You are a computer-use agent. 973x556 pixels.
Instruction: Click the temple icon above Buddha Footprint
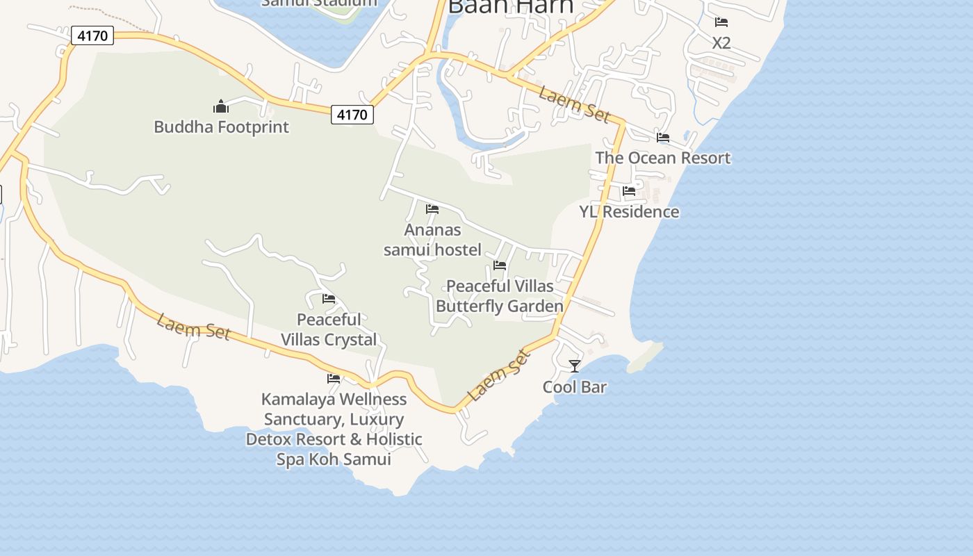point(221,106)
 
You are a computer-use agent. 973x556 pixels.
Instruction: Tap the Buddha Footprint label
point(221,127)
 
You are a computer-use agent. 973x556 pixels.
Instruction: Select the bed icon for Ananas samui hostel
point(432,209)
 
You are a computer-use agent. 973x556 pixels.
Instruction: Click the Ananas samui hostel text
point(432,240)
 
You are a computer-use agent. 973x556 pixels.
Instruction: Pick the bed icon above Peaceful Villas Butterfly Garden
point(500,265)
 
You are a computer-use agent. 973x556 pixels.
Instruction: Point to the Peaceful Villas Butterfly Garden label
point(500,296)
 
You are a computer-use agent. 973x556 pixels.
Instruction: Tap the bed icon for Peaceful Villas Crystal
point(329,299)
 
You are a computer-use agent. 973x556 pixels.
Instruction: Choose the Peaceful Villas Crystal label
point(329,329)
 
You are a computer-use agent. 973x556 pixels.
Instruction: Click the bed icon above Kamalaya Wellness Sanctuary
point(334,379)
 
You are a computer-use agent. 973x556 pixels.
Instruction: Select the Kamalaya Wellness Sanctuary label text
point(334,429)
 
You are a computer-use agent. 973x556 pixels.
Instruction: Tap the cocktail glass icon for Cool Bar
point(574,366)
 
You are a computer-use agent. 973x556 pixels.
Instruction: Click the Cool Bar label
point(574,387)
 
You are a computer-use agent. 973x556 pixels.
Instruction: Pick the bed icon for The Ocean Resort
point(663,138)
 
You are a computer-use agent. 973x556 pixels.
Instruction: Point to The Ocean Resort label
point(663,158)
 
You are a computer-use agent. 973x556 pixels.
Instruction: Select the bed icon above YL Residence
point(629,191)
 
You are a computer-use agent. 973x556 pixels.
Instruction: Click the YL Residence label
point(629,212)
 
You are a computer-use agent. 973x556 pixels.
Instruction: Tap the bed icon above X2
point(721,22)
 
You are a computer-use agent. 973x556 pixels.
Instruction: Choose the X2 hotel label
point(721,43)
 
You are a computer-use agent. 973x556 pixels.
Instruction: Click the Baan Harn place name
point(511,6)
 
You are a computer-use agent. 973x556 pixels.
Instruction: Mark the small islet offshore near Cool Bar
point(646,359)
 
